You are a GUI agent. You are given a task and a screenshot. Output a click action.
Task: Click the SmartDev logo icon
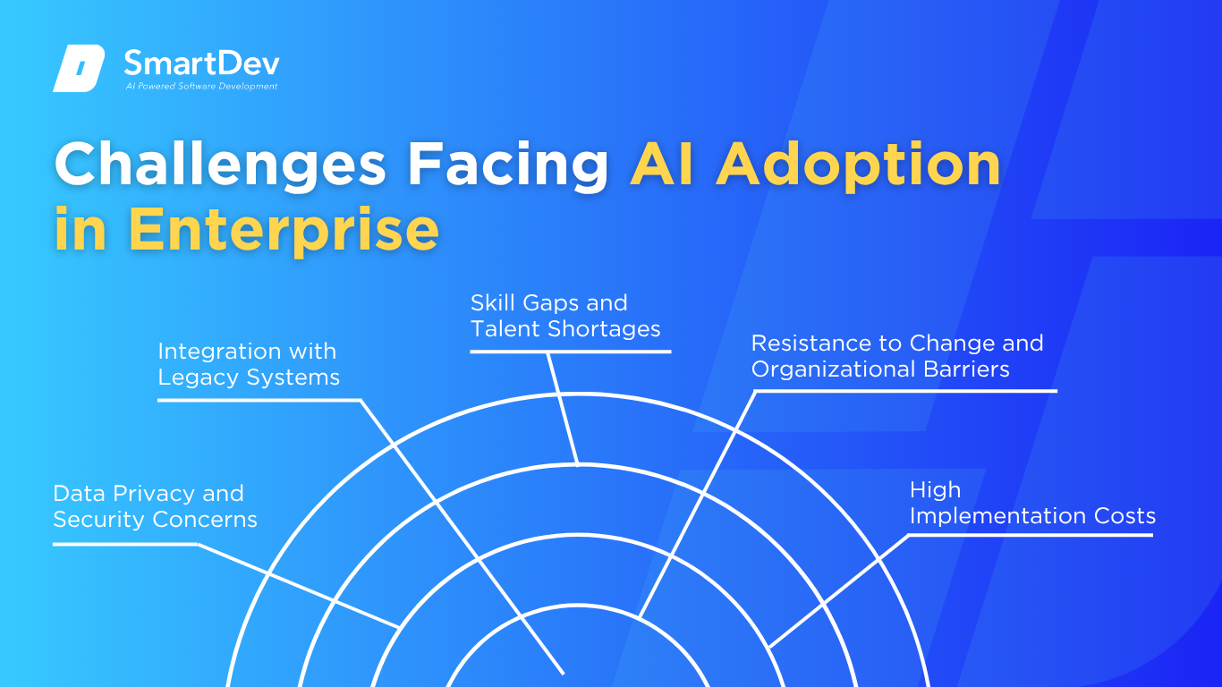click(x=79, y=68)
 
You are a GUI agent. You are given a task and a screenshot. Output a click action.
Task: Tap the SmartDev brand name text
click(x=201, y=64)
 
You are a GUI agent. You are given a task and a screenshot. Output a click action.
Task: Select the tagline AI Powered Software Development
click(x=201, y=86)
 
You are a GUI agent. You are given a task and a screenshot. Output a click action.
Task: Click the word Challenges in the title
click(x=220, y=165)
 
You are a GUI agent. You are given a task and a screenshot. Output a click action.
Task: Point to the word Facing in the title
click(x=508, y=165)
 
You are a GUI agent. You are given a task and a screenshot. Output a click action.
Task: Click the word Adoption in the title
click(x=859, y=165)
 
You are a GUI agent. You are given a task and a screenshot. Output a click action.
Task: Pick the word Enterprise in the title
click(x=283, y=230)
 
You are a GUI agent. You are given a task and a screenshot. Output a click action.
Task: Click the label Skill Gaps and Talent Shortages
click(x=565, y=316)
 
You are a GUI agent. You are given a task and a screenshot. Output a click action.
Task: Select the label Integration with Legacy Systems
click(x=249, y=364)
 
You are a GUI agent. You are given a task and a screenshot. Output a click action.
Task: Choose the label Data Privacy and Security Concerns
click(x=155, y=506)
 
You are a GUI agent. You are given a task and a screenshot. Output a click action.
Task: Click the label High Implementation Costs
click(x=1032, y=503)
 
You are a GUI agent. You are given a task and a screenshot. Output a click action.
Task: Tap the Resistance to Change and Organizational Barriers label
click(x=897, y=356)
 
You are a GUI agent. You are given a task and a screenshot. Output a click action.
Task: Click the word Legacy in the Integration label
click(x=199, y=377)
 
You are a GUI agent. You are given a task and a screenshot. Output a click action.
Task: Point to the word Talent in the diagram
click(x=505, y=329)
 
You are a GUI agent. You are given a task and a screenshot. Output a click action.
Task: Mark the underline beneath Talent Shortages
click(x=571, y=352)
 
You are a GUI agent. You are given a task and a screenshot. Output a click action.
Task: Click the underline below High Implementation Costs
click(x=1031, y=535)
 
